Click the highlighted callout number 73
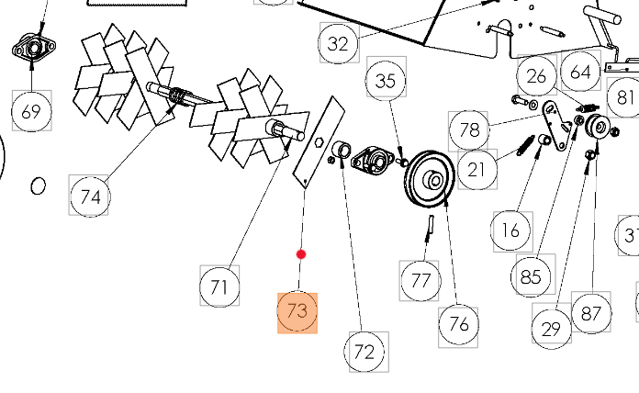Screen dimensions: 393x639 tap(297, 312)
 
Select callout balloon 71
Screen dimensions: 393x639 tap(219, 286)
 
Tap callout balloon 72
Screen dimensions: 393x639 tap(364, 351)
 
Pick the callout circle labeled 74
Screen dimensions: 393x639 tap(90, 196)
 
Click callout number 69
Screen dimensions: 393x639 tap(31, 112)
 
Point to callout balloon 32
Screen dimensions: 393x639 tap(338, 42)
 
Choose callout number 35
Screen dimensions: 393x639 tap(386, 81)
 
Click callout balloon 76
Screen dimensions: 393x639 tap(459, 323)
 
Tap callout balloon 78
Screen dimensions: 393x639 tap(469, 129)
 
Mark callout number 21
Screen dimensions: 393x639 tap(476, 169)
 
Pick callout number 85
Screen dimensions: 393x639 tap(531, 276)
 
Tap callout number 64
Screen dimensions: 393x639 tap(581, 71)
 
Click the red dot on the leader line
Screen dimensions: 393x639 tap(301, 254)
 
